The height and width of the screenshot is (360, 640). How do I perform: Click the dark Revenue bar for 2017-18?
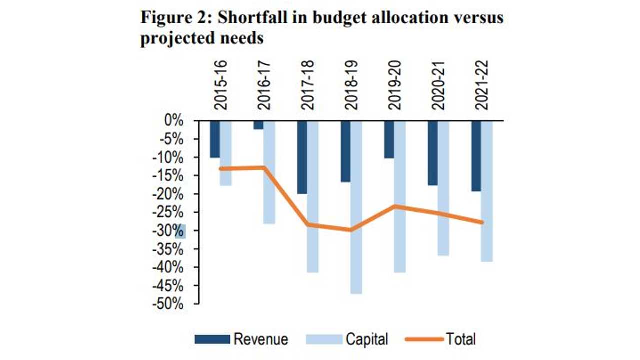pos(302,157)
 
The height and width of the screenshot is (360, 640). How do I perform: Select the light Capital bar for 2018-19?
pos(356,207)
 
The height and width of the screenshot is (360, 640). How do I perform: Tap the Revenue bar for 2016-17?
pos(258,125)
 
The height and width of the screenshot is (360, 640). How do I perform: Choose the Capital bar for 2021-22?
pos(487,191)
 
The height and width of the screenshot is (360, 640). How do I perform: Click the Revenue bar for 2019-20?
pos(389,140)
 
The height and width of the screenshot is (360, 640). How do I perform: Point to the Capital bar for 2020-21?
pos(443,188)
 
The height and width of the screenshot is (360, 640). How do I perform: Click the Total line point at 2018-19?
pos(351,230)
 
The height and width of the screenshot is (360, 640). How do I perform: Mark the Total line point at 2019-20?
pos(394,206)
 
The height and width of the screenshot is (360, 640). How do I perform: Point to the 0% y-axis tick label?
pos(174,121)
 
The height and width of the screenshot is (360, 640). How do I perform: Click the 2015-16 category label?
pos(220,85)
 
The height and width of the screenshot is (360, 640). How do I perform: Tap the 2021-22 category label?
pos(482,85)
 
